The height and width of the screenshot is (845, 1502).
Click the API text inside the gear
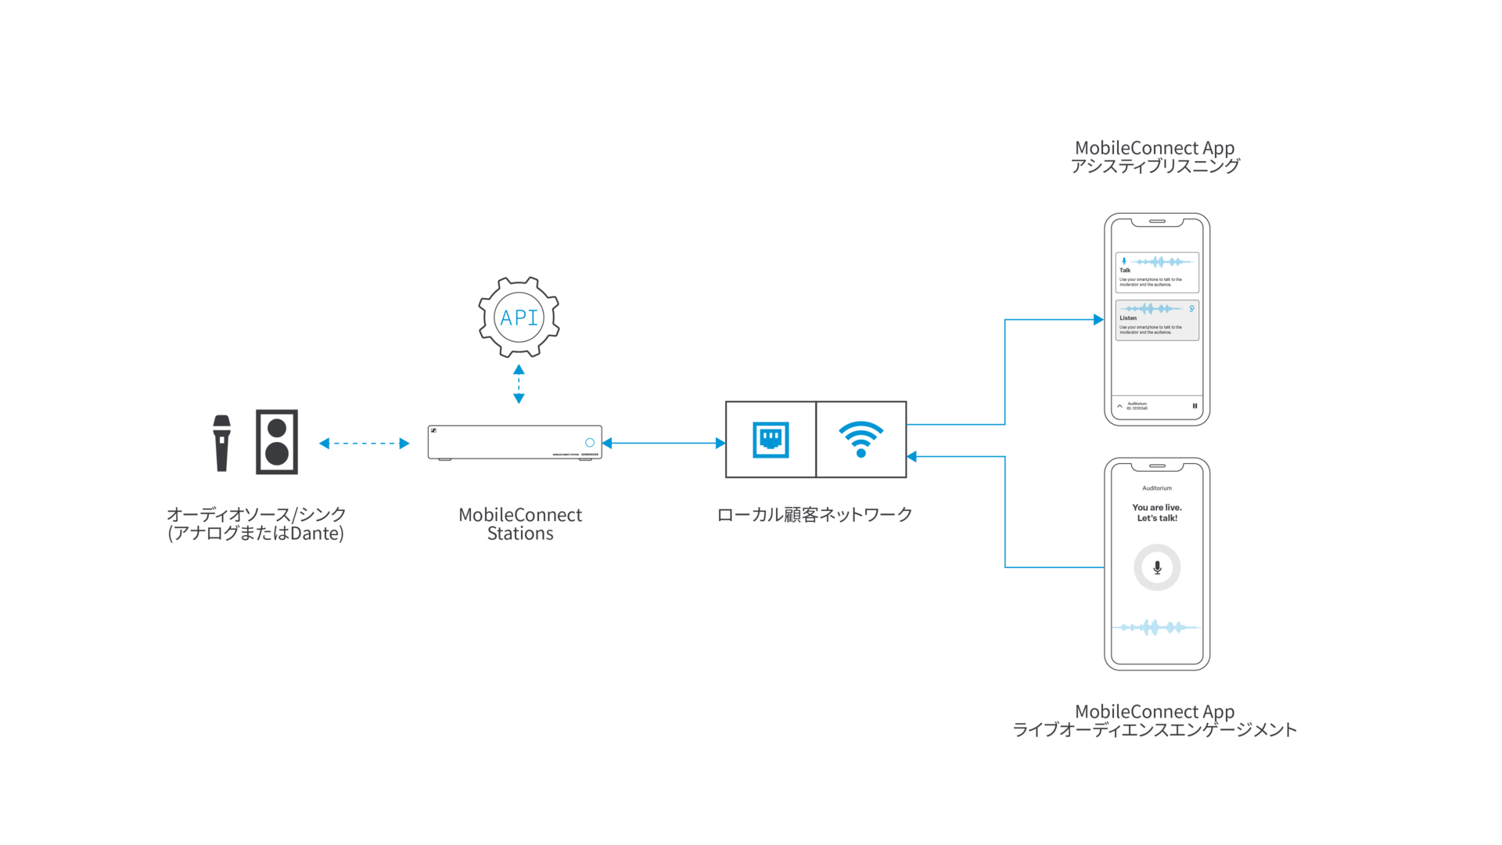pos(519,317)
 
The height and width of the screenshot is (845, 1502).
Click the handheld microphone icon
pos(221,443)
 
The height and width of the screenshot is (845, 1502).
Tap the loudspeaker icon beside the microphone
pos(276,442)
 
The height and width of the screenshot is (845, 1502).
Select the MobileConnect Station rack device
pos(514,443)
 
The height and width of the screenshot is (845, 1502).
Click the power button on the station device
pos(590,443)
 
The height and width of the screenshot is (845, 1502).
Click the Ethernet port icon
pos(771,439)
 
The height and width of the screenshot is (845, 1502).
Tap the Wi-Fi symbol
pos(861,439)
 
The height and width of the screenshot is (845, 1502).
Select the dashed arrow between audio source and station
pos(365,443)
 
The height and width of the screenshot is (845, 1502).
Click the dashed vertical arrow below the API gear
pos(519,383)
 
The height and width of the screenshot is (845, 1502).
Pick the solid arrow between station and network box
pos(663,443)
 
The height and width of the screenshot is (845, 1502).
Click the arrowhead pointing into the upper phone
pos(1098,319)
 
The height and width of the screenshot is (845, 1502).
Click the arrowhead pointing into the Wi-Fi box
pos(912,456)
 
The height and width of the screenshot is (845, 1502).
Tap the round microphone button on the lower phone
pos(1157,567)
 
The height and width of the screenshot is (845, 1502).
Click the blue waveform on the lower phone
pos(1157,627)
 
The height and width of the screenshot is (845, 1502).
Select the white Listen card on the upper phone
pos(1157,320)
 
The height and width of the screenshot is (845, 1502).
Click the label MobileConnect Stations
pos(520,524)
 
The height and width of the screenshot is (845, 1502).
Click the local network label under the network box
pos(814,515)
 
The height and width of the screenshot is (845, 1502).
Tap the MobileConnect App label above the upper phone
pos(1155,156)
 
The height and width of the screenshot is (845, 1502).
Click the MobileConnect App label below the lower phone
pos(1155,721)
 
